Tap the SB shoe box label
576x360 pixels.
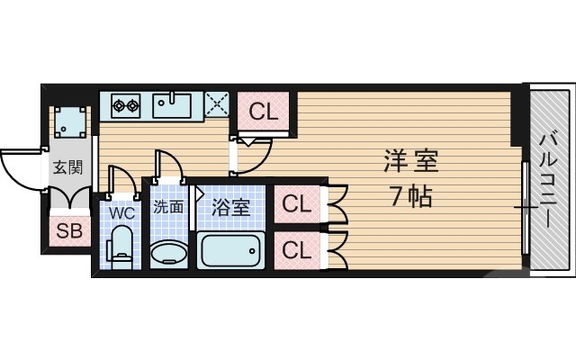(x=69, y=230)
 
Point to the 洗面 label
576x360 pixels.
(x=167, y=206)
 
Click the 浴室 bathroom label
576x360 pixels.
(x=230, y=207)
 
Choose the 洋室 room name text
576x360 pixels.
(x=410, y=162)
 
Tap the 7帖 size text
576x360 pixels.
(x=410, y=195)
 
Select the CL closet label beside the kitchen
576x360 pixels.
(x=263, y=112)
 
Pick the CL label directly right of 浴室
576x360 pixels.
(x=296, y=204)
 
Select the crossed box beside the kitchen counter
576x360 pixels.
(x=217, y=105)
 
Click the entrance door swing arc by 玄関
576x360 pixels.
(x=20, y=167)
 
